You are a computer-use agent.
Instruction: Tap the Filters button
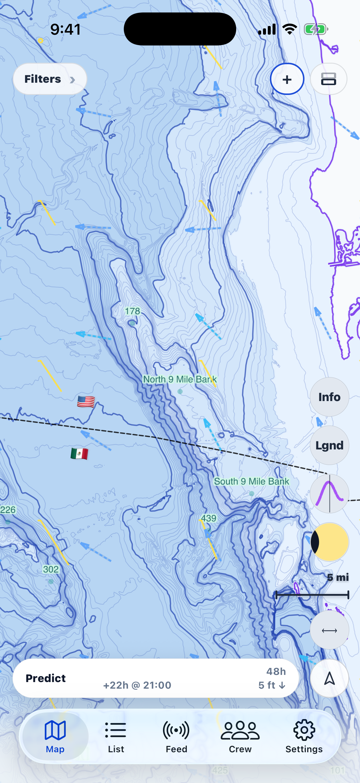(50, 79)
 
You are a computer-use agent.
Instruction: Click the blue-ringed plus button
(287, 79)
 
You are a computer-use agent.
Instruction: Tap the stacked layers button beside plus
(328, 79)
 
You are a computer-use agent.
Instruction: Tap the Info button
(329, 397)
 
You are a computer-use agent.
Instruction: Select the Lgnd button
(329, 445)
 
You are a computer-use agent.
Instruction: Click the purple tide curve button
(329, 493)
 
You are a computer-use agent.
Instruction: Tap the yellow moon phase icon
(330, 542)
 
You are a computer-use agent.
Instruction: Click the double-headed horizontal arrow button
(329, 630)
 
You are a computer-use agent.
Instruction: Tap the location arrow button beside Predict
(329, 678)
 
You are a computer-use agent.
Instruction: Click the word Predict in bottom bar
(46, 678)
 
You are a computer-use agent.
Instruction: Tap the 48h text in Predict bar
(276, 671)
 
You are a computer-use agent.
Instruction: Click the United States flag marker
(86, 402)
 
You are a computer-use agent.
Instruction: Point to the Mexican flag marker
(79, 454)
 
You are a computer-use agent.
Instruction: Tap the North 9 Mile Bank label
(180, 379)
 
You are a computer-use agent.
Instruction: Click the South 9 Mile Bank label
(252, 481)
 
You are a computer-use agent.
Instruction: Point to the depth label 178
(133, 311)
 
